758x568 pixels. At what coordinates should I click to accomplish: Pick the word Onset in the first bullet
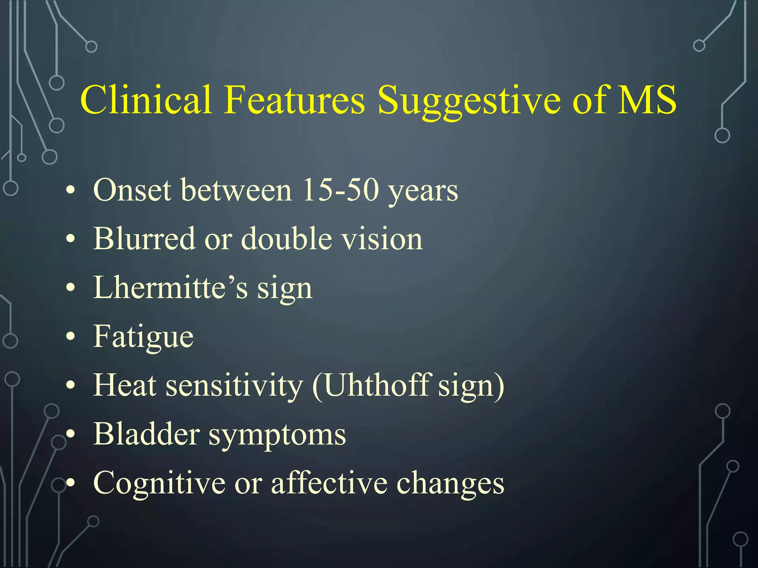point(132,190)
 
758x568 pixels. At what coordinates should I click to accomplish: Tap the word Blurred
point(144,239)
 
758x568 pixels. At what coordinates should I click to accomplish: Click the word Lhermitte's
point(170,287)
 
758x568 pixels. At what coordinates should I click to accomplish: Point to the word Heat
point(125,385)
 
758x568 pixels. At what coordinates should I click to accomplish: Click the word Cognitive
point(159,483)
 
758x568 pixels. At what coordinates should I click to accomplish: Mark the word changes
point(450,483)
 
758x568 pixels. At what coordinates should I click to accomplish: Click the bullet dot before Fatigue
point(70,336)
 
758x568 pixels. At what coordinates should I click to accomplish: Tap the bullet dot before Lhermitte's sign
point(70,287)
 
